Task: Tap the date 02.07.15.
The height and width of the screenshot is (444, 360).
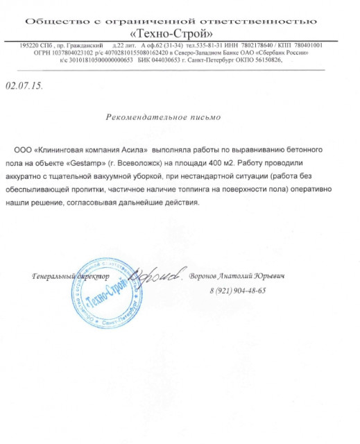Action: point(24,87)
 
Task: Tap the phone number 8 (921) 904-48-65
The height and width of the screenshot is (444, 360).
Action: point(237,290)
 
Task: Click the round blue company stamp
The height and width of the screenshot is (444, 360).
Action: point(103,287)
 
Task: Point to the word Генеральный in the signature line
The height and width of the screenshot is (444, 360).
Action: point(53,277)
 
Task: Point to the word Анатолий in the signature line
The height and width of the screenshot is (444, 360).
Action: point(238,276)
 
